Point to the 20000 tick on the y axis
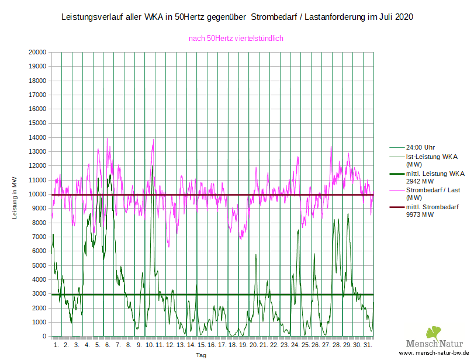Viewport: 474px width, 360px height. click(x=37, y=52)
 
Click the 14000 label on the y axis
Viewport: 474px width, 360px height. click(x=37, y=137)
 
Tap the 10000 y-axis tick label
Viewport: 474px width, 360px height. click(x=37, y=194)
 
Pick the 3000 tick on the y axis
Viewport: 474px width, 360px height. click(x=39, y=294)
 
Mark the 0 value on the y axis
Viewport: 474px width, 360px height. click(x=44, y=337)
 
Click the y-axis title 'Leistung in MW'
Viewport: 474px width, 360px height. click(x=15, y=197)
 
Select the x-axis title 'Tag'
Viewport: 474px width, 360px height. click(x=201, y=355)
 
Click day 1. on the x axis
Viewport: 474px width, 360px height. click(x=56, y=345)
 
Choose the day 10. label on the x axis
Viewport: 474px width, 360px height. click(x=150, y=345)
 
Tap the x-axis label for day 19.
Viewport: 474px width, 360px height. click(x=243, y=345)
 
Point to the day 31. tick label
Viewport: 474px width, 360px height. click(x=368, y=345)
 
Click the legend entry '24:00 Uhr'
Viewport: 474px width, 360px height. click(x=420, y=147)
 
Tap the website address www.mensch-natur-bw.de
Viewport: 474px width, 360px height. click(x=435, y=354)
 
